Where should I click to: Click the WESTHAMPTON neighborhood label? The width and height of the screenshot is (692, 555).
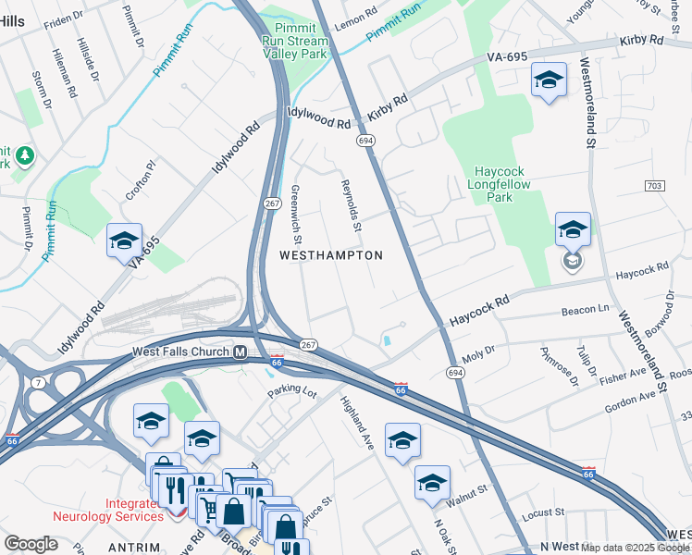pyautogui.click(x=331, y=254)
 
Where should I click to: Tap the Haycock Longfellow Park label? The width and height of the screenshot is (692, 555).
pyautogui.click(x=506, y=184)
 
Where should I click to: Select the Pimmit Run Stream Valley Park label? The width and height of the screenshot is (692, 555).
pyautogui.click(x=296, y=42)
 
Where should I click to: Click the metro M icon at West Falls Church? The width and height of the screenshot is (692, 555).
pyautogui.click(x=240, y=351)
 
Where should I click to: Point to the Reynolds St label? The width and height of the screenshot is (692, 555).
pyautogui.click(x=351, y=205)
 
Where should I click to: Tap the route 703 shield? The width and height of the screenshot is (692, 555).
pyautogui.click(x=653, y=186)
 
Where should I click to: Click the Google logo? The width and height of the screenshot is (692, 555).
pyautogui.click(x=31, y=544)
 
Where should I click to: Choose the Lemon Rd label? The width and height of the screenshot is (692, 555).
pyautogui.click(x=356, y=18)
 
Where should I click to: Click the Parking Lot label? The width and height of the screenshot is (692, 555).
pyautogui.click(x=292, y=393)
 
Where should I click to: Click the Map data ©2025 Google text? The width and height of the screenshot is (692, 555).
pyautogui.click(x=635, y=548)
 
